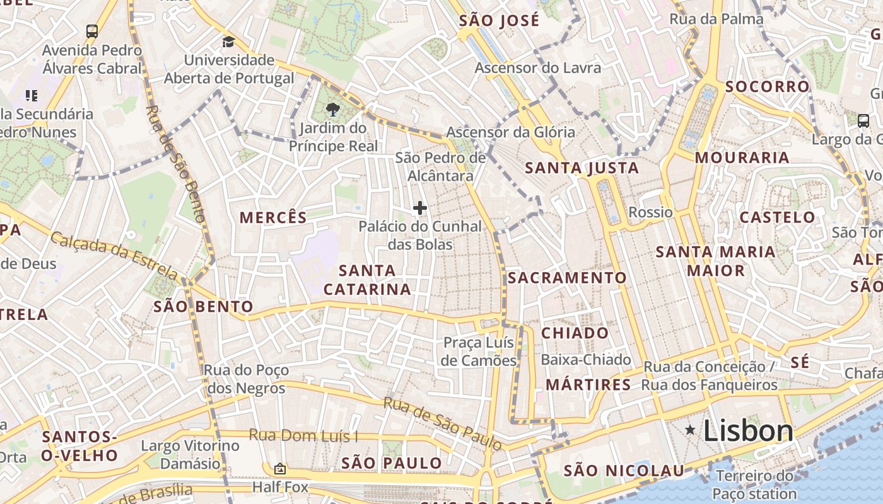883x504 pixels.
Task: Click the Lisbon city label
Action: coord(748,431)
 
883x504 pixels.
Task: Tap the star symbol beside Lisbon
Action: coord(691,430)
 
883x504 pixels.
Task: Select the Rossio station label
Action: coord(650,212)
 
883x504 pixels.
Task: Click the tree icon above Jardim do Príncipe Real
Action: coord(332,110)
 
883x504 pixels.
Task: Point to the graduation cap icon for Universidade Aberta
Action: coord(228,42)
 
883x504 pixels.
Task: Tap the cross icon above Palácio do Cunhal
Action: coord(420,208)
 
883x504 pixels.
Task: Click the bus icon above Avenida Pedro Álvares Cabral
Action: coord(92,31)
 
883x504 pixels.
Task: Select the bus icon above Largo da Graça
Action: coord(863,120)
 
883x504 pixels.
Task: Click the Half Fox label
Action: coord(280,487)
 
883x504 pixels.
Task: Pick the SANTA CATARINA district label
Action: coord(367,280)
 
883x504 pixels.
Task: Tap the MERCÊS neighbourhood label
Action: coord(273,218)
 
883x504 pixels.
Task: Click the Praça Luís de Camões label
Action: coord(479,352)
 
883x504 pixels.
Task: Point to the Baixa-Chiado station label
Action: coord(586,360)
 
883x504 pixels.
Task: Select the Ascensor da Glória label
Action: coord(510,132)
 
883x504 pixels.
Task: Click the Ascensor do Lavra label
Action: coord(537,67)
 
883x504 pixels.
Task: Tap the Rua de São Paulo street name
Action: coord(443,423)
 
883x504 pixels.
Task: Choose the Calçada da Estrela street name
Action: coord(114,256)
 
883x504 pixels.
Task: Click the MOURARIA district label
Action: coord(742,157)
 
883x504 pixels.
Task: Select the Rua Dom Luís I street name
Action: coord(303,435)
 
